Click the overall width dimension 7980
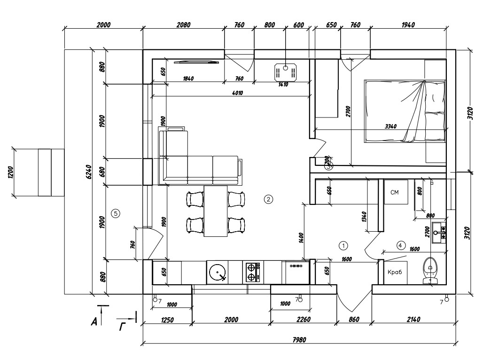pyautogui.click(x=299, y=339)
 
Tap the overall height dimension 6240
pyautogui.click(x=89, y=172)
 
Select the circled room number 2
pyautogui.click(x=268, y=199)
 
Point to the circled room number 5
pyautogui.click(x=116, y=214)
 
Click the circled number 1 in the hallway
pyautogui.click(x=343, y=245)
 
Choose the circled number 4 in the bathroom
pyautogui.click(x=401, y=245)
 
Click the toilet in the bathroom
pyautogui.click(x=430, y=271)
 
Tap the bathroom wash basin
pyautogui.click(x=439, y=233)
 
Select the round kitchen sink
pyautogui.click(x=218, y=273)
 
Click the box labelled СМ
pyautogui.click(x=396, y=192)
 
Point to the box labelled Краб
pyautogui.click(x=395, y=272)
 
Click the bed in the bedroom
pyautogui.click(x=405, y=111)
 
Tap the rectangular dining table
pyautogui.click(x=216, y=211)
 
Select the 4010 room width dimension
pyautogui.click(x=238, y=93)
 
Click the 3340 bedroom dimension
pyautogui.click(x=390, y=126)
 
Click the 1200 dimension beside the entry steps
pyautogui.click(x=10, y=172)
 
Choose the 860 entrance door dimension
pyautogui.click(x=354, y=320)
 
